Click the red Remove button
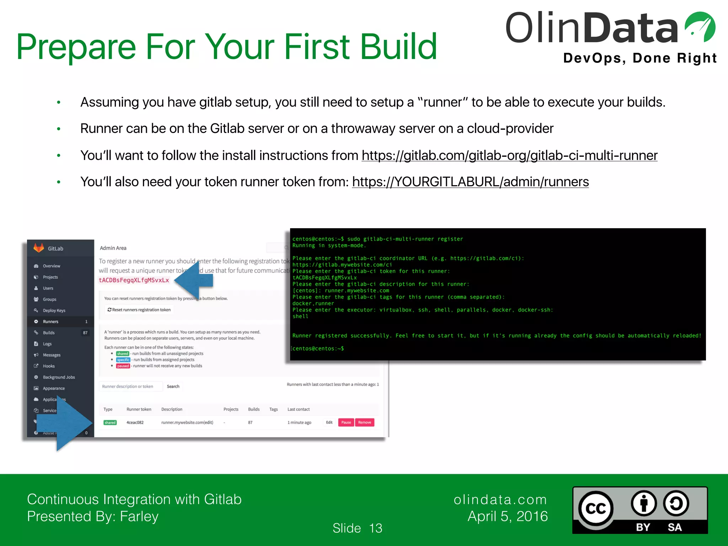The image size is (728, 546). click(x=364, y=422)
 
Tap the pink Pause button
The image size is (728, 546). click(x=346, y=422)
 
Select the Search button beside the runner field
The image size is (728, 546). click(x=173, y=386)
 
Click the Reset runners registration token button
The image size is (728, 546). click(x=139, y=310)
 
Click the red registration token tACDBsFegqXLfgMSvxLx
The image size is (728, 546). click(x=134, y=280)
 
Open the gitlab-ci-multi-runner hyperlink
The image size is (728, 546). click(x=509, y=156)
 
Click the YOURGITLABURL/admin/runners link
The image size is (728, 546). click(x=470, y=182)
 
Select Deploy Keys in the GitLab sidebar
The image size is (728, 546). click(x=54, y=310)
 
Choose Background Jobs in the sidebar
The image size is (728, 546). click(x=59, y=377)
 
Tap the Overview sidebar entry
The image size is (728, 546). click(x=51, y=266)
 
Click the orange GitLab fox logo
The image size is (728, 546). click(x=38, y=248)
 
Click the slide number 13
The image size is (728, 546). click(x=375, y=528)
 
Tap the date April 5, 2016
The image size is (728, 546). click(x=508, y=516)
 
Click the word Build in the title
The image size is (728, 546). click(x=398, y=47)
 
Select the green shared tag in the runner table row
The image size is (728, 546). click(x=110, y=423)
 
